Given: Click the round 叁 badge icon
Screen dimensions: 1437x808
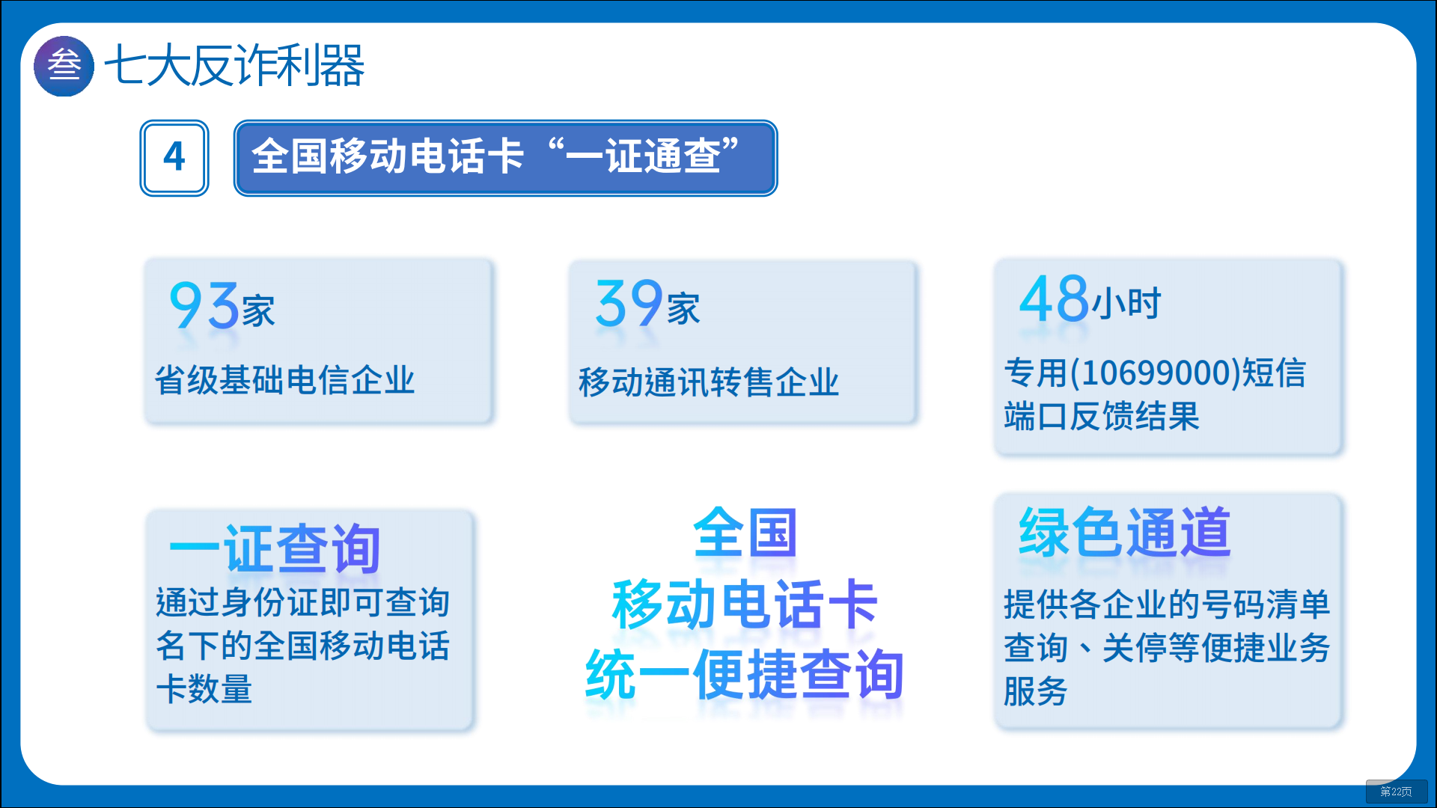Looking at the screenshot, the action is pos(64,66).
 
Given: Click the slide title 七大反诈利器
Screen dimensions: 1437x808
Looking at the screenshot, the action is pos(234,66).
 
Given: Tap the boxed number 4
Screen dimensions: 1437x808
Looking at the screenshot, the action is pos(174,158).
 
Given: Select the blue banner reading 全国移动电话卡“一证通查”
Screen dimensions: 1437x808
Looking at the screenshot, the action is pos(505,158).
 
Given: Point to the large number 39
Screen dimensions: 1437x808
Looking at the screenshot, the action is pos(629,303).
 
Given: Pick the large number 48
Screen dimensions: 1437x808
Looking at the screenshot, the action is pos(1054,299).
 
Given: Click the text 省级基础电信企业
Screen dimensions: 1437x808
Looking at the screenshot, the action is pos(284,380).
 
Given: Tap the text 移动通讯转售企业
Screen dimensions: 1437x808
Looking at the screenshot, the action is pos(709,382).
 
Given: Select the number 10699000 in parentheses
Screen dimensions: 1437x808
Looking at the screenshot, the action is pos(1156,373).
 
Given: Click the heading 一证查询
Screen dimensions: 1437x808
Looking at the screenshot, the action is pos(275,548).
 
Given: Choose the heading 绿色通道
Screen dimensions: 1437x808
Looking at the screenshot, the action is pos(1125,532).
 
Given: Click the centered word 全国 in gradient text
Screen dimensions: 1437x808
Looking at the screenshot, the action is pos(745,533).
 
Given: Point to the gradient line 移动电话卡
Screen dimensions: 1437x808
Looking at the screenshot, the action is pos(745,604).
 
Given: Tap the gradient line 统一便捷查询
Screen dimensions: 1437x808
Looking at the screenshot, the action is pos(745,674).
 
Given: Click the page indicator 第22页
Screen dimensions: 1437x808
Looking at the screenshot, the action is pos(1396,792).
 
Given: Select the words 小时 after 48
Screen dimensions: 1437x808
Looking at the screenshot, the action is pos(1126,303).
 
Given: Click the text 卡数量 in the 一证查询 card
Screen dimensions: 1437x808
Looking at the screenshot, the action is pos(204,689).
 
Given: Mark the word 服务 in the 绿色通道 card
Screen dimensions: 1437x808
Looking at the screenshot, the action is pos(1035,691).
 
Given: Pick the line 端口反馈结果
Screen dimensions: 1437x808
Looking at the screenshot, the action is pos(1102,416).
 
